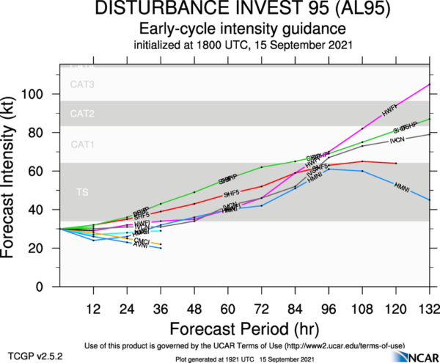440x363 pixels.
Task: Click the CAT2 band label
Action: click(83, 114)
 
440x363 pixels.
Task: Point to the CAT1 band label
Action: click(83, 144)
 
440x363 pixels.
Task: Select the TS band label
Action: click(82, 191)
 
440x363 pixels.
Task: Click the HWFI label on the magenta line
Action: click(389, 110)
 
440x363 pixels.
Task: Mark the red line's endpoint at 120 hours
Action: click(396, 163)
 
